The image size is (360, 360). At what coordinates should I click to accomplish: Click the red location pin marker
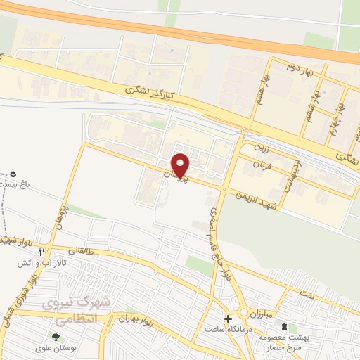[181, 165]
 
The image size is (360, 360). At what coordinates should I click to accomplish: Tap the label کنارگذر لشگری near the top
[149, 91]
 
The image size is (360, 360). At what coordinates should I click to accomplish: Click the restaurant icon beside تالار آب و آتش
[42, 251]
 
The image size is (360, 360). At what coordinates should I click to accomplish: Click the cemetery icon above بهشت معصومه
[284, 327]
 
